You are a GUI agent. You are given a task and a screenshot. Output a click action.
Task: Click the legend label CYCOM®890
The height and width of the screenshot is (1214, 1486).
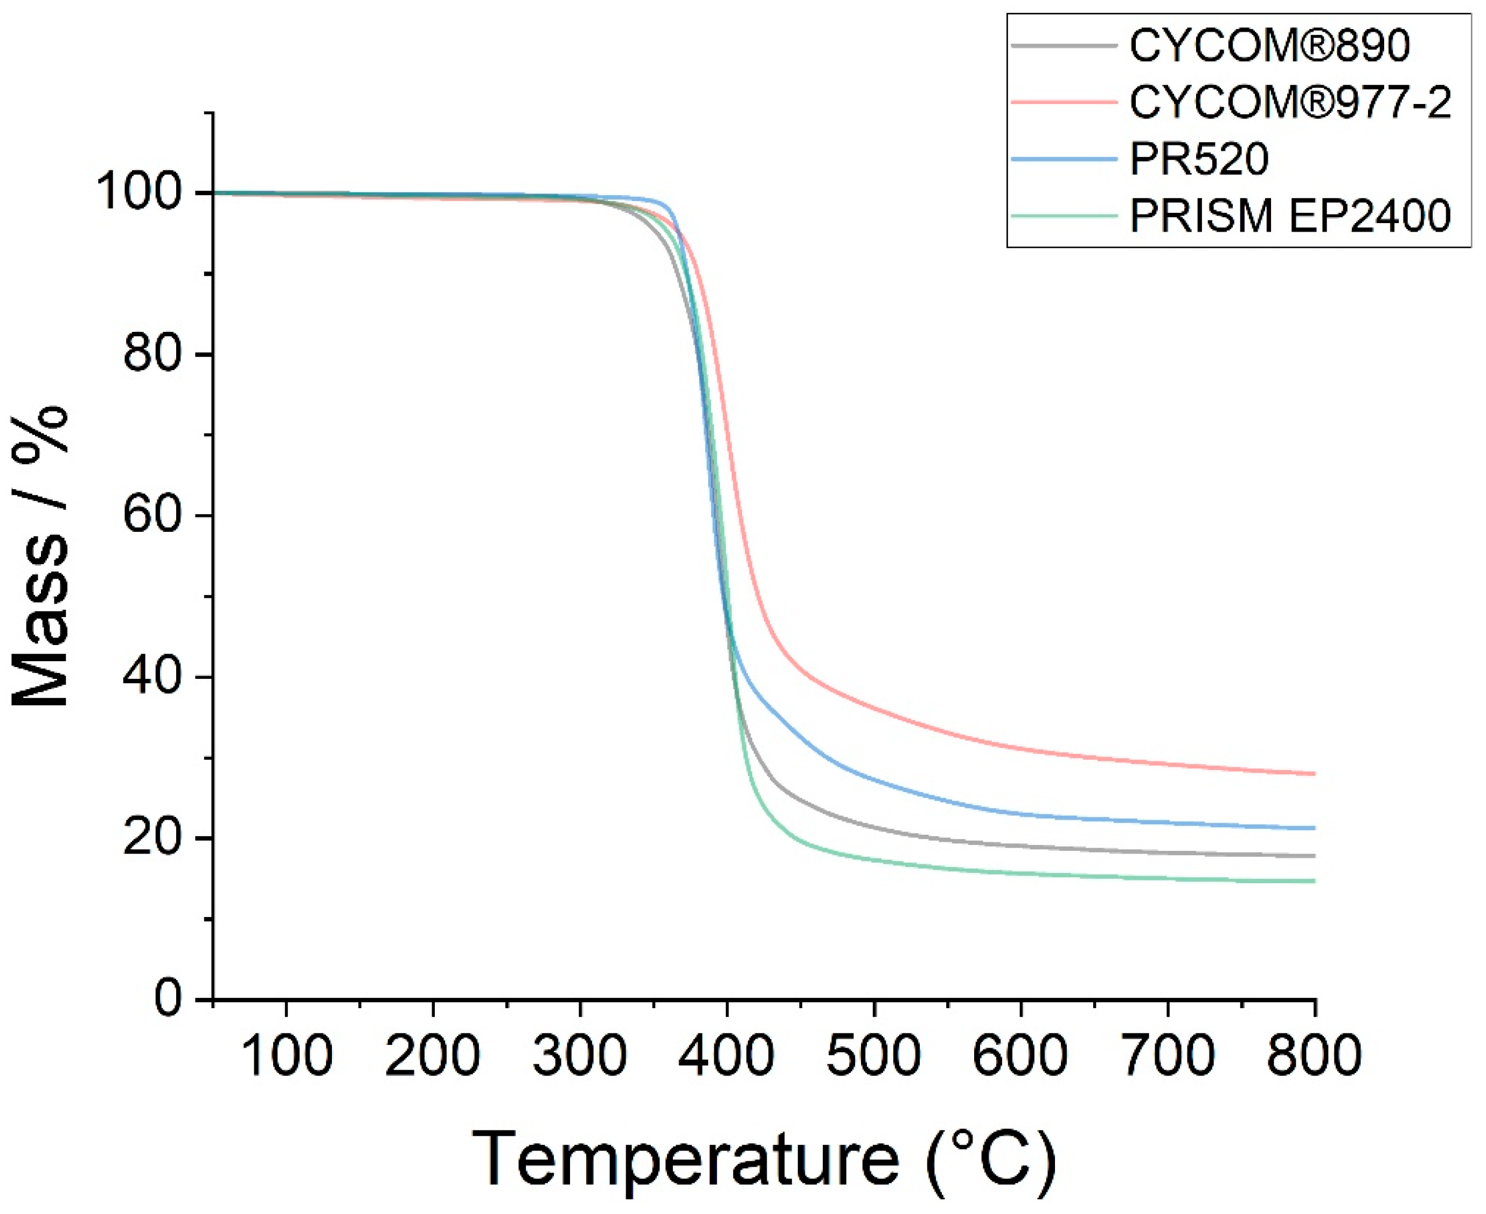pyautogui.click(x=1269, y=46)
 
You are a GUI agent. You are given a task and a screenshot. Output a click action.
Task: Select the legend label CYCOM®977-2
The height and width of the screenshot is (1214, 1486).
pyautogui.click(x=1290, y=103)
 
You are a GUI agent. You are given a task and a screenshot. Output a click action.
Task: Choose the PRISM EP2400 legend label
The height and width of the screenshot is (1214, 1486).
pyautogui.click(x=1290, y=216)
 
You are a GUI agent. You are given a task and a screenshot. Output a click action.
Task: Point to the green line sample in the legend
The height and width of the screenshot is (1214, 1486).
pyautogui.click(x=1064, y=216)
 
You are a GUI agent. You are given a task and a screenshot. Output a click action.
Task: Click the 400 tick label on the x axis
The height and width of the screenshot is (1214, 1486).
pyautogui.click(x=727, y=1055)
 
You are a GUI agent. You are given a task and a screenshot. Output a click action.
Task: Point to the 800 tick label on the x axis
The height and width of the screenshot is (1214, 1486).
pyautogui.click(x=1315, y=1055)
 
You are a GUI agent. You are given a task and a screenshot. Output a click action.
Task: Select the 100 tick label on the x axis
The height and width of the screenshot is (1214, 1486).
pyautogui.click(x=286, y=1055)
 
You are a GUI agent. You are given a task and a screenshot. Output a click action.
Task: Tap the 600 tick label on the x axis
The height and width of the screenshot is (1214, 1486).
pyautogui.click(x=1021, y=1055)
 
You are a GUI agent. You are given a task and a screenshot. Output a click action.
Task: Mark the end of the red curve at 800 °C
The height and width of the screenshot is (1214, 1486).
pyautogui.click(x=1315, y=773)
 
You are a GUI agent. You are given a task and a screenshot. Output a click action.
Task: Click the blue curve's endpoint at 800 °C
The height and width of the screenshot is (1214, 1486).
pyautogui.click(x=1315, y=828)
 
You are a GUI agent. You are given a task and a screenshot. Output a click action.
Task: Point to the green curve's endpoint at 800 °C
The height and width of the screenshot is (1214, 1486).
pyautogui.click(x=1315, y=881)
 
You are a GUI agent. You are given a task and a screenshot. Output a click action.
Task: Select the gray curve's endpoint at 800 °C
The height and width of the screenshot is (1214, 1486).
pyautogui.click(x=1315, y=856)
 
